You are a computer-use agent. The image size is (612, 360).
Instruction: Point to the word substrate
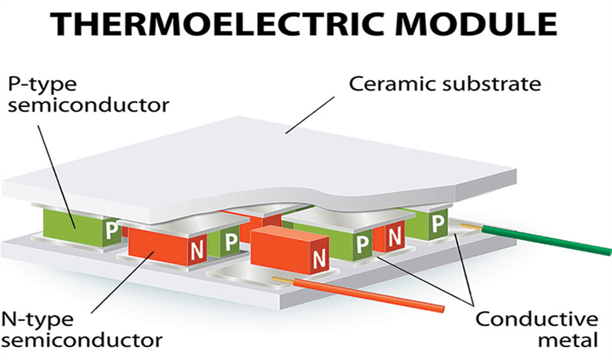481,84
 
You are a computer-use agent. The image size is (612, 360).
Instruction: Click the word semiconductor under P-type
77,105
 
